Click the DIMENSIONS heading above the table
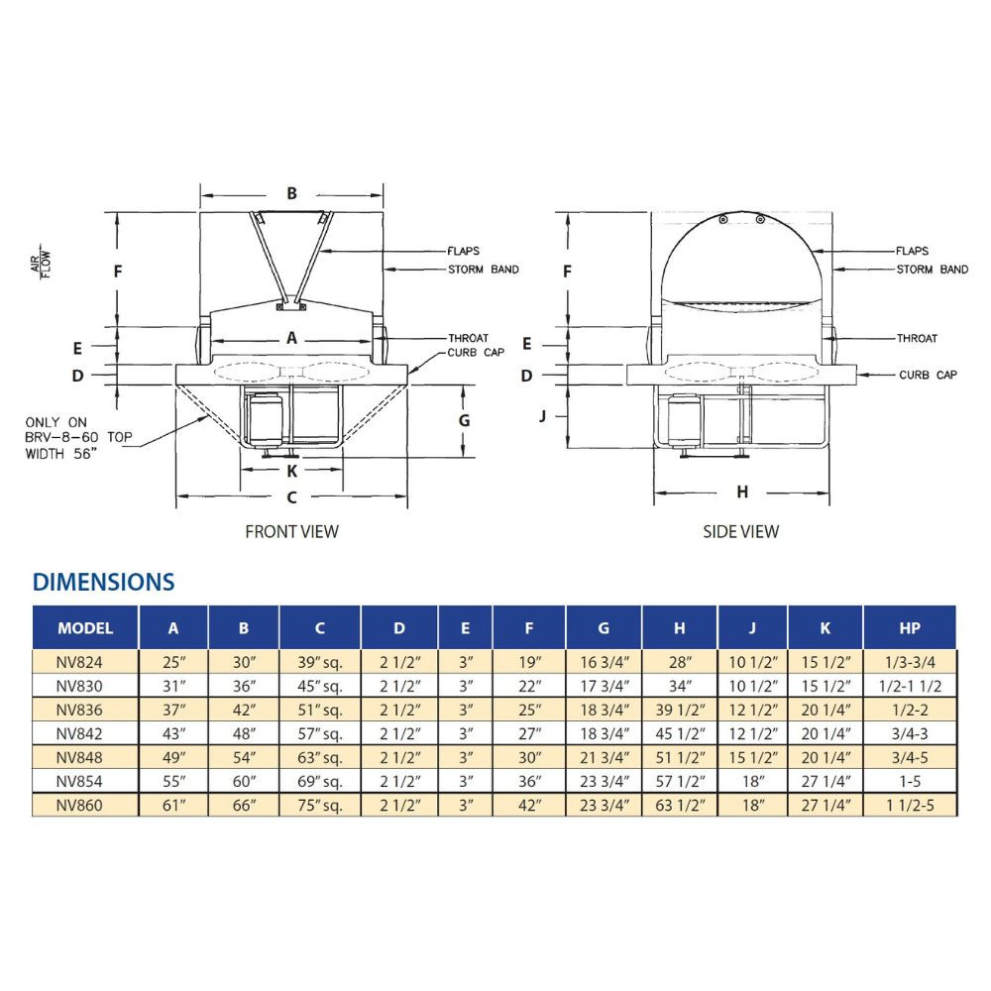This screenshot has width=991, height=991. (104, 582)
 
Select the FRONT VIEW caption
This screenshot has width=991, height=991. (292, 531)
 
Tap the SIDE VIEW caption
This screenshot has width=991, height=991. (740, 531)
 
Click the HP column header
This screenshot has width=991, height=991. (910, 628)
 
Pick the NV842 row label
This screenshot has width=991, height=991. (79, 733)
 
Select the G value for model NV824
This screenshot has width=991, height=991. (605, 662)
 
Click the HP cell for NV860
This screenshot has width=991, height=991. (910, 805)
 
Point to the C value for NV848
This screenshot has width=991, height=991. (320, 758)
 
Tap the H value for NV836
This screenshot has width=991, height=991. (680, 710)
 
